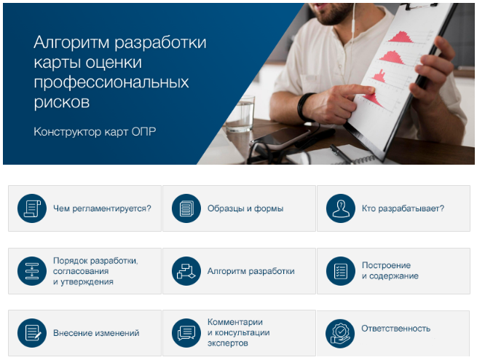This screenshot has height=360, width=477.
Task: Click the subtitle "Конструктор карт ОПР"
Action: coord(95,132)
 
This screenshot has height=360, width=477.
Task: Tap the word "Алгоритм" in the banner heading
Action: coord(71,42)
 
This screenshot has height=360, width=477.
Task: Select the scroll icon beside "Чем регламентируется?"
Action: coord(32,208)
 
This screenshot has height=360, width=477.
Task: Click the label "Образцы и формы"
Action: coord(245,208)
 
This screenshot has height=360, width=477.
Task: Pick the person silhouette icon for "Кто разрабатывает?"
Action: coord(341,208)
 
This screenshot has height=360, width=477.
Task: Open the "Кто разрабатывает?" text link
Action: coord(403,208)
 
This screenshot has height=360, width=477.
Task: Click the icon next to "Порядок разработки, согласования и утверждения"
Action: coord(32,271)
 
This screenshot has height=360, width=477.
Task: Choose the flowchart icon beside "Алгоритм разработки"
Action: coord(186,271)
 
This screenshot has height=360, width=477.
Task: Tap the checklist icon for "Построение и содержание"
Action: coord(341,271)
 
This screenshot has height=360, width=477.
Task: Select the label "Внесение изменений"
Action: coord(96,333)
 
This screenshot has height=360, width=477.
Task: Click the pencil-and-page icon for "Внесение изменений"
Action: coord(32,333)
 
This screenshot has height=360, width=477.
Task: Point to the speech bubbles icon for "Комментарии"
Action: coord(186,333)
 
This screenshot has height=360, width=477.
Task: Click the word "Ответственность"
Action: coord(395,329)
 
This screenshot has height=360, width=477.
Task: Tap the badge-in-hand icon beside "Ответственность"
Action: coord(340,334)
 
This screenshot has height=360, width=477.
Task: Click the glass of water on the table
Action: coord(240,114)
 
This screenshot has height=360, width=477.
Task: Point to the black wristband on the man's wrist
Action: coord(305,107)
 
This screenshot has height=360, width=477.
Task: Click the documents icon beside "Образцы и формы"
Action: coord(186,208)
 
